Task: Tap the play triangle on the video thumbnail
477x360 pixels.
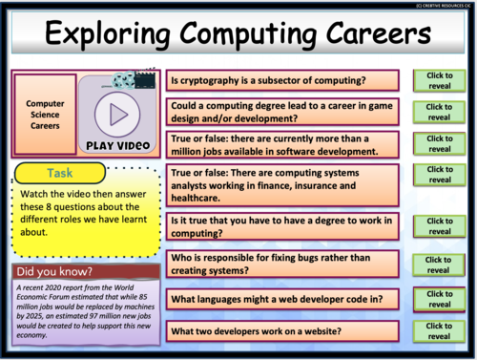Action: click(117, 115)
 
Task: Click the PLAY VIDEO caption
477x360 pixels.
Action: click(117, 146)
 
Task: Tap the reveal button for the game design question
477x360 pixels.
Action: click(439, 112)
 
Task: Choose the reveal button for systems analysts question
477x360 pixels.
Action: click(439, 174)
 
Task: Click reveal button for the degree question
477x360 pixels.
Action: click(439, 226)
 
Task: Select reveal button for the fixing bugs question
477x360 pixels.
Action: click(439, 265)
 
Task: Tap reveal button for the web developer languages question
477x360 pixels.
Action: click(439, 300)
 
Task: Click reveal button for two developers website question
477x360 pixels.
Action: click(439, 331)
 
